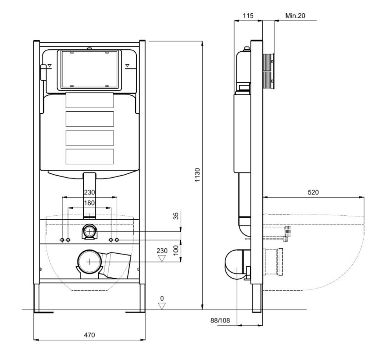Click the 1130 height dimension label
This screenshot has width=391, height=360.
tap(197, 175)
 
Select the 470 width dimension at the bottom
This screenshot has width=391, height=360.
tap(89, 335)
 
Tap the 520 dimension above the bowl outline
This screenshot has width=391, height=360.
tap(313, 192)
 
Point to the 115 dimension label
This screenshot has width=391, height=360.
tap(248, 16)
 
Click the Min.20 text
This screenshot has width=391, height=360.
tap(295, 16)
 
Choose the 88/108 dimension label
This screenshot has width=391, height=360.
tap(220, 321)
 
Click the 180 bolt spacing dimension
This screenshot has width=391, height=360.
tap(89, 203)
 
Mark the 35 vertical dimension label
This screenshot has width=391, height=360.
tap(176, 216)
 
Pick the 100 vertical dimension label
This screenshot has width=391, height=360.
tap(176, 250)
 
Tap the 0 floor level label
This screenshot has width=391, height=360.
tap(162, 298)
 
